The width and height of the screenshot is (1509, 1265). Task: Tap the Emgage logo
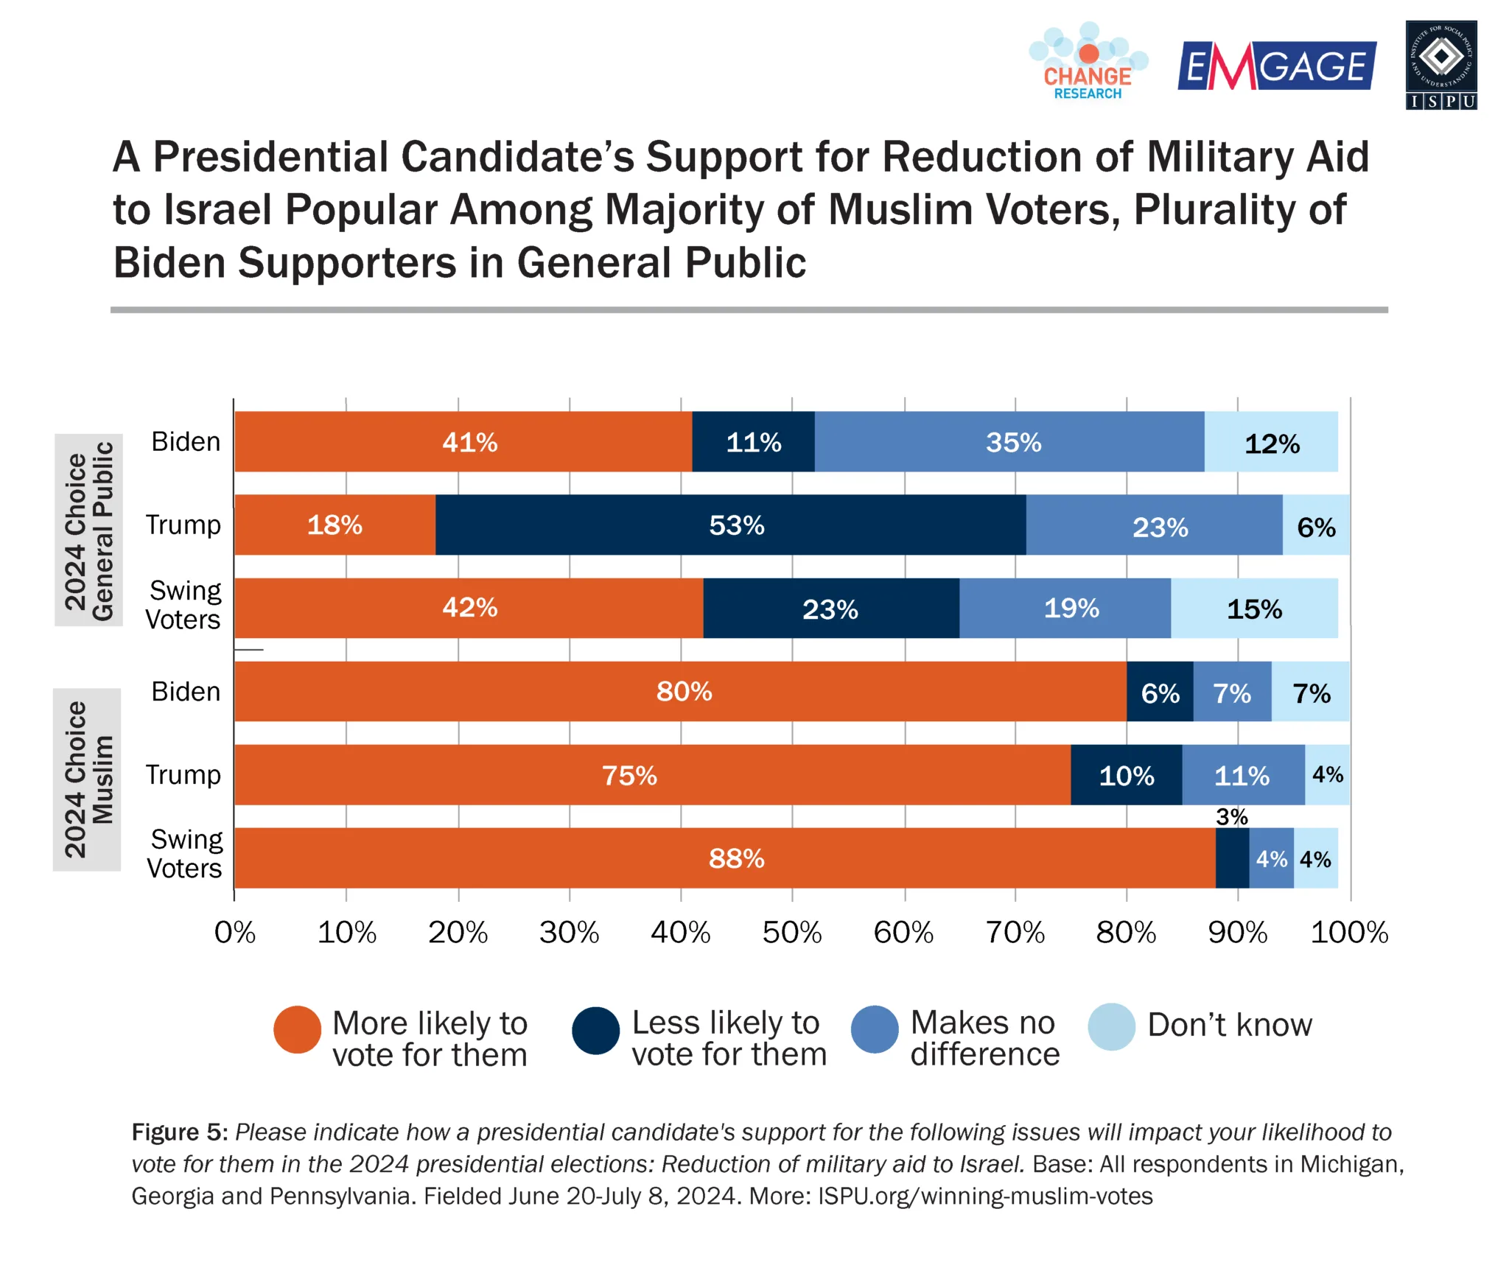click(x=1276, y=66)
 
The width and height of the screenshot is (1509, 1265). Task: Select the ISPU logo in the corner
click(x=1440, y=66)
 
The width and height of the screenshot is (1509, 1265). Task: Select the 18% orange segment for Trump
click(x=335, y=525)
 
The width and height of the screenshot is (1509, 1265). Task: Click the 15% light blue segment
click(x=1253, y=609)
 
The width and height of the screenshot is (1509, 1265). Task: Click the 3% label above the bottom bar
click(x=1231, y=816)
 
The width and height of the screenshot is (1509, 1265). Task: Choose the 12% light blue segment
click(x=1271, y=443)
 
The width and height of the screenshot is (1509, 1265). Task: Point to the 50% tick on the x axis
click(x=791, y=933)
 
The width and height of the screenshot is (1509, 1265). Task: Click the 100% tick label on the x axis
click(x=1348, y=933)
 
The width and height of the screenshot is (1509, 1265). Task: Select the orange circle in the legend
click(x=297, y=1029)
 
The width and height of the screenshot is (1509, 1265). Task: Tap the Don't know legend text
click(x=1229, y=1025)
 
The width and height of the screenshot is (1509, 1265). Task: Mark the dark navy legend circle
click(x=595, y=1030)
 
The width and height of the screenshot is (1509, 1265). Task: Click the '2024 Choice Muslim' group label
click(x=88, y=779)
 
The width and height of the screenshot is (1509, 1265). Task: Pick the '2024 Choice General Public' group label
click(x=89, y=530)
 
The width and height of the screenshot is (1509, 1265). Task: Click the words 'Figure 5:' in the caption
click(x=179, y=1132)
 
